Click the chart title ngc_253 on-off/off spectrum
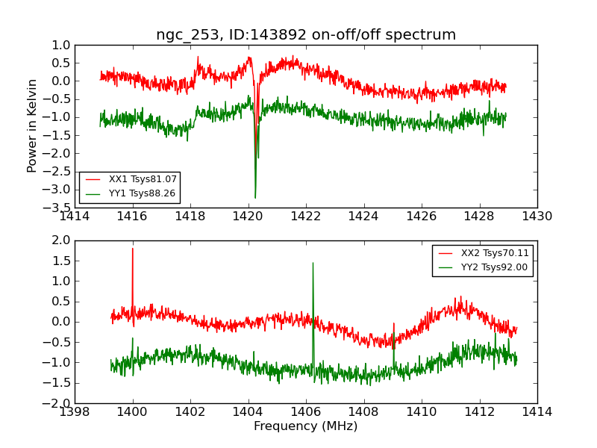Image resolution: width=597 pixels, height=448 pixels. (x=306, y=35)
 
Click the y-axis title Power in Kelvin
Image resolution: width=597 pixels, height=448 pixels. (x=32, y=125)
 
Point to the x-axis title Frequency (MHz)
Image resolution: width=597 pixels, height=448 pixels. (x=306, y=426)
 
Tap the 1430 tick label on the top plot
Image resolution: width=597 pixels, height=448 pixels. (x=537, y=217)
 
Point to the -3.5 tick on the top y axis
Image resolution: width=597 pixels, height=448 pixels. (x=60, y=208)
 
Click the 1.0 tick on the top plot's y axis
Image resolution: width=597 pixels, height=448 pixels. (x=61, y=45)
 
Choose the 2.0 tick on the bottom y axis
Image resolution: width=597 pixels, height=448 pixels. (x=61, y=240)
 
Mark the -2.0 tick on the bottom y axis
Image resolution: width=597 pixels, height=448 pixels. (x=60, y=403)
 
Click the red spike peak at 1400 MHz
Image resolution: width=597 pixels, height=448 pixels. (x=133, y=249)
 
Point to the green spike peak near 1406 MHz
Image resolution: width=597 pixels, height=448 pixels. (x=313, y=263)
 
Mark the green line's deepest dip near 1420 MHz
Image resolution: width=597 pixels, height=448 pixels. (x=255, y=197)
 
